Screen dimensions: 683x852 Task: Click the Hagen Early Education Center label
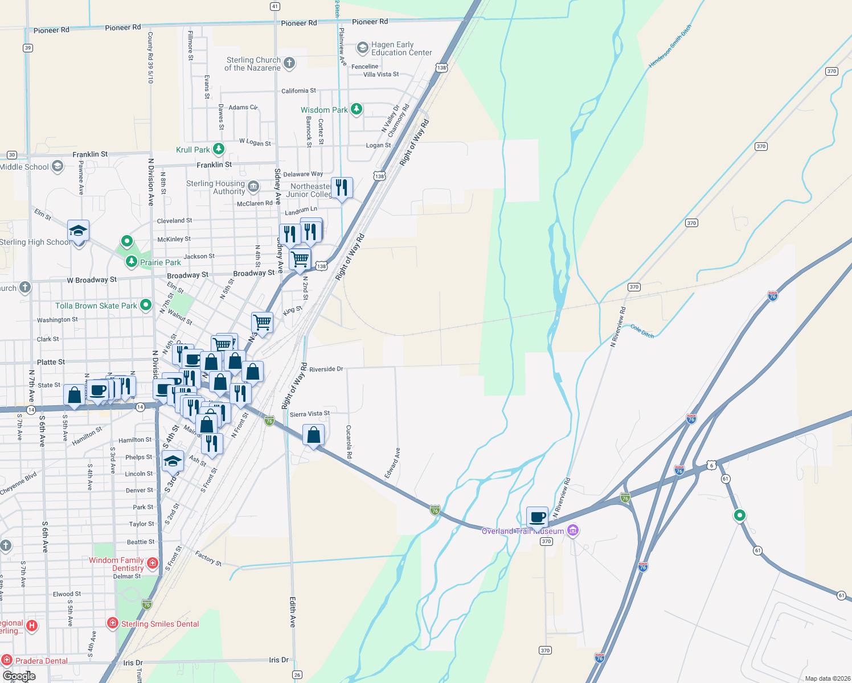[x=401, y=48]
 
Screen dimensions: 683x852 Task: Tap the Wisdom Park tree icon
[x=357, y=109]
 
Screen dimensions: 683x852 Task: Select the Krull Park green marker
[x=218, y=149]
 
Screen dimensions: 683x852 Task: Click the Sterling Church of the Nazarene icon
[x=289, y=63]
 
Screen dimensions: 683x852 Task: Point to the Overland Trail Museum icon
[x=573, y=531]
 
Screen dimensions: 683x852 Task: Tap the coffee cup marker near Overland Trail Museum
[x=537, y=517]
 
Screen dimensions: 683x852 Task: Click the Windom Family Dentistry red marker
[x=153, y=563]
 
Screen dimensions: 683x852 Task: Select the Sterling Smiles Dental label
[x=160, y=624]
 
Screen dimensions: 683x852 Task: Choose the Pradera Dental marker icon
[x=7, y=660]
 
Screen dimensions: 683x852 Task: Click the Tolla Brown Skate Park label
[x=96, y=306]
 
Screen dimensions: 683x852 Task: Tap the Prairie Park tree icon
[x=132, y=262]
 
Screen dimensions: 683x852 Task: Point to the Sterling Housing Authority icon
[x=253, y=186]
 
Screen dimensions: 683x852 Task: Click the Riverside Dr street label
[x=326, y=369]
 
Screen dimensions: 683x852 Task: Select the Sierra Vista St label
[x=309, y=414]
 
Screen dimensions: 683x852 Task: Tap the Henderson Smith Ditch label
[x=670, y=46]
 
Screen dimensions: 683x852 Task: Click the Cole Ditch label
[x=642, y=331]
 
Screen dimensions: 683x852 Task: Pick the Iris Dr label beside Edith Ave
[x=278, y=660]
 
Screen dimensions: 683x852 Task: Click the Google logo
[x=19, y=676]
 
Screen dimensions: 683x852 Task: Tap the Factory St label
[x=208, y=557]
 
